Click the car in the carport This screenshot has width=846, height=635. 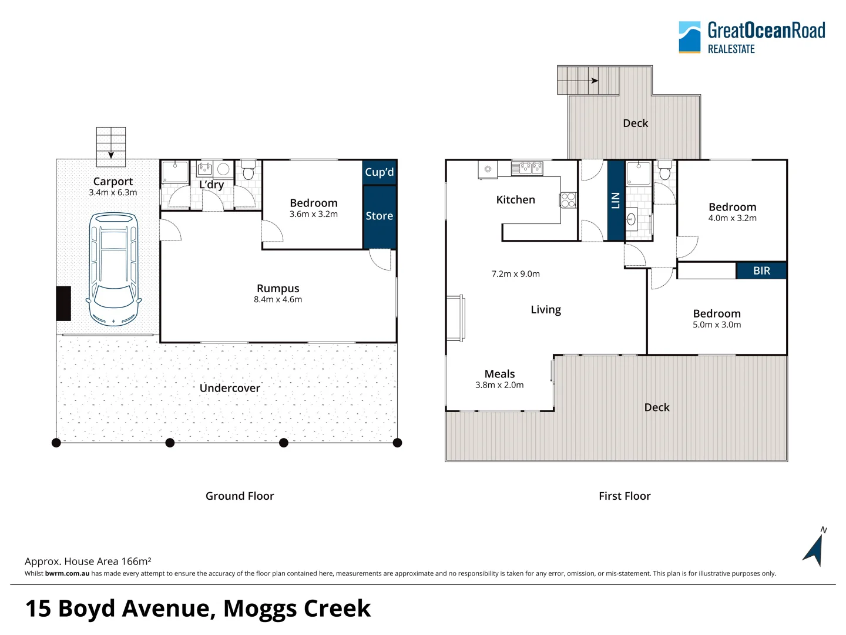pos(114,269)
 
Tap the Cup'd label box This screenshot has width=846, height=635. pos(380,172)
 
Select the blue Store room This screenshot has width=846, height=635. pos(380,217)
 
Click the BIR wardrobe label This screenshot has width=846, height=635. pos(761,270)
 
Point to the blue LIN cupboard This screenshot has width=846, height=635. pos(616,200)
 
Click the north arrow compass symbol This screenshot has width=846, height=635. pos(815,547)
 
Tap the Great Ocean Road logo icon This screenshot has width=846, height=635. pos(690,37)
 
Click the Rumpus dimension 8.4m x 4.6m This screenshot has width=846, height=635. pos(278,300)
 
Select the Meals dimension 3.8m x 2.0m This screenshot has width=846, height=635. pos(499,385)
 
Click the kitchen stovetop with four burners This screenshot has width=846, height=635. pos(568,200)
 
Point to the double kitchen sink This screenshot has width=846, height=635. pos(527,169)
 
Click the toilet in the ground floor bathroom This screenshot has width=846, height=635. pos(249,170)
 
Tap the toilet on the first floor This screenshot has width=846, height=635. pos(665,170)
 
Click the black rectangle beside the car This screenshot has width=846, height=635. pos(63,303)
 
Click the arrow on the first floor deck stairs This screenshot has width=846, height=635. pos(578,81)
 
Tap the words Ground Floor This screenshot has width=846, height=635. pos(240,496)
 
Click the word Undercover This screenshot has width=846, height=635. pos(230,388)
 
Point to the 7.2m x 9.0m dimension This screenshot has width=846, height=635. pos(516,274)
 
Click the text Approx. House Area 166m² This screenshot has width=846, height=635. pos(88,562)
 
